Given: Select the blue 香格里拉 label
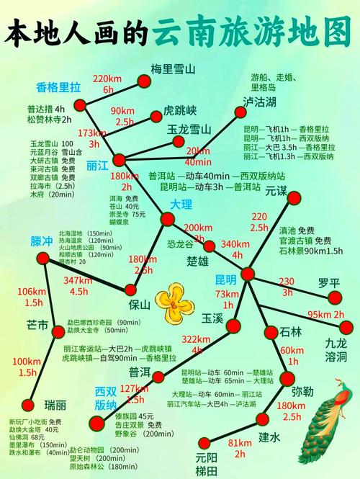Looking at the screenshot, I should [58, 88].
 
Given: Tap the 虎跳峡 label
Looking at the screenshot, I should [180, 111].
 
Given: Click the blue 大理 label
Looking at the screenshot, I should [181, 205].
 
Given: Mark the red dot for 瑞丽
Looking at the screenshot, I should [28, 404].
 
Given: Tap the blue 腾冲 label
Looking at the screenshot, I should [42, 241].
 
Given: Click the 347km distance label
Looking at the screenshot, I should [78, 285].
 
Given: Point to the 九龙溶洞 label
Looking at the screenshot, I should [336, 349].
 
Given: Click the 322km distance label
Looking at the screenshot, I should [197, 345].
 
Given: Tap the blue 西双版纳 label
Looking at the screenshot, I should [105, 398].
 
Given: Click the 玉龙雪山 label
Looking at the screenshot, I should [189, 129].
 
